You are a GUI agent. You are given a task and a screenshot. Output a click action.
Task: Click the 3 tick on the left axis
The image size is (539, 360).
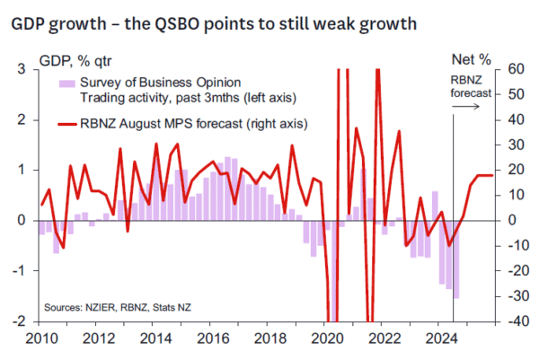19,69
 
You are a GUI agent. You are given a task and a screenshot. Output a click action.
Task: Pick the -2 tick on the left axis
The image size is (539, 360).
16,320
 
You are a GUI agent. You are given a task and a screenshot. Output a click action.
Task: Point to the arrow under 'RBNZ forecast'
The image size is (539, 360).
467,107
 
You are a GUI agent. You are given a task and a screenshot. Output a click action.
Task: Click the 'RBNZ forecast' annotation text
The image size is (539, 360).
468,87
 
